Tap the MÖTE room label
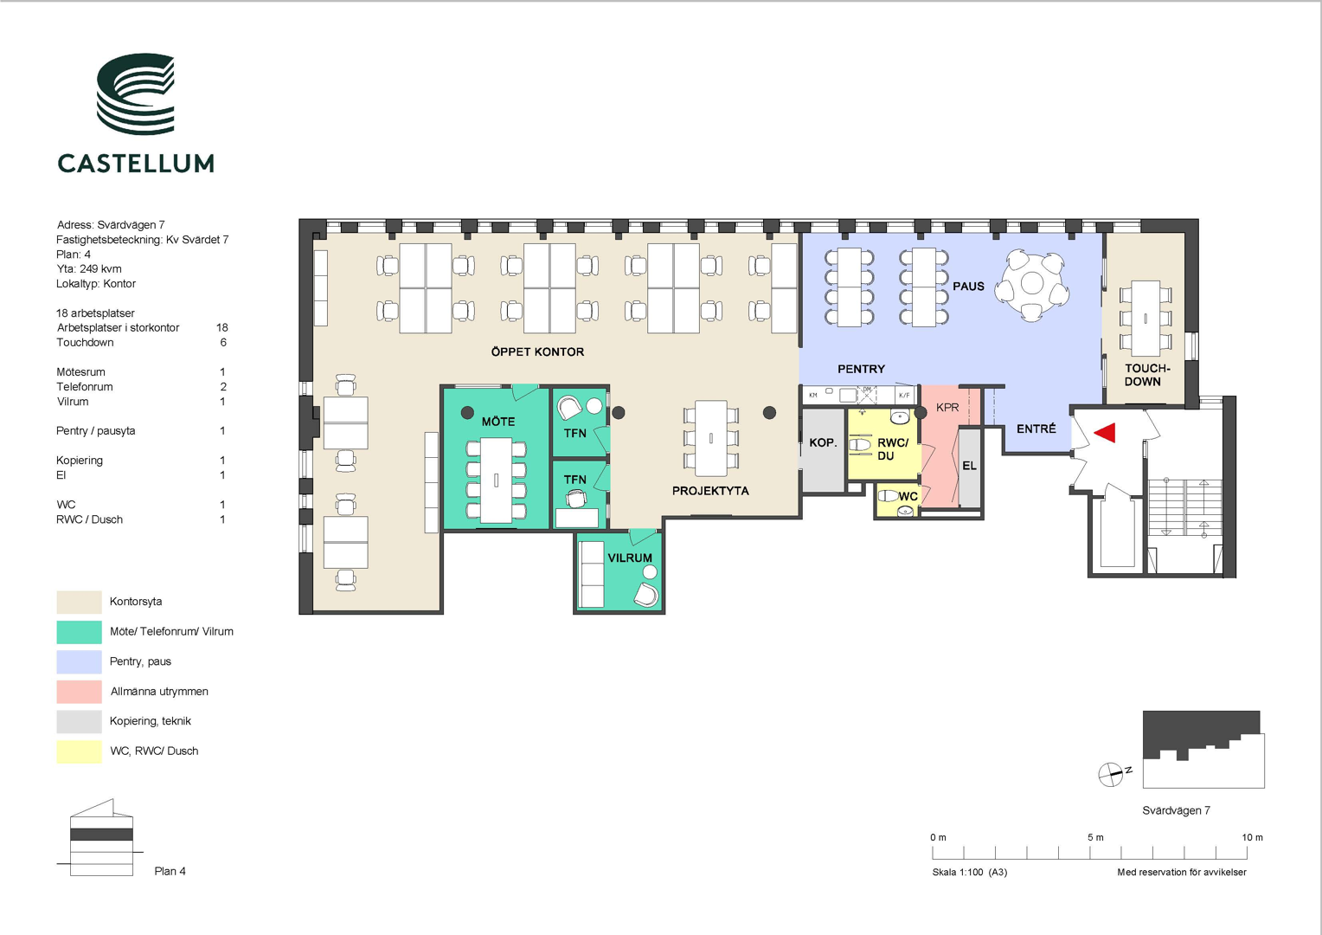(498, 422)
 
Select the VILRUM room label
(630, 558)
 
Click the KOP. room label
(823, 442)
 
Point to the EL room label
(969, 466)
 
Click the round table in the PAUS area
(1031, 285)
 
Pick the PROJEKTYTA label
(710, 491)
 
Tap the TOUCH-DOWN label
(1146, 375)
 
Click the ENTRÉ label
(1036, 429)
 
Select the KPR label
(947, 408)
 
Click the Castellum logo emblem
(136, 93)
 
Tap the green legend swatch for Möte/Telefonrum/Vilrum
(79, 632)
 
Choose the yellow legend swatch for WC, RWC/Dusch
(79, 752)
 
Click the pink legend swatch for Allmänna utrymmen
(79, 692)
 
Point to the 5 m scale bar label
(1095, 837)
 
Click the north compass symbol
(1110, 774)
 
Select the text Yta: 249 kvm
(88, 268)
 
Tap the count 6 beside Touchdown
(223, 343)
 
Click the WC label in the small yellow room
(908, 497)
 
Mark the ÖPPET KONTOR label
(537, 352)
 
